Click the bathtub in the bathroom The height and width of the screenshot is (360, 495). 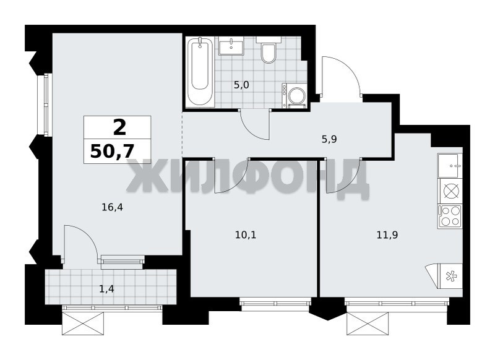(x=200, y=71)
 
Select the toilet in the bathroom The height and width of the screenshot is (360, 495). (x=269, y=50)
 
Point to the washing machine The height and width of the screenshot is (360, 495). (x=295, y=95)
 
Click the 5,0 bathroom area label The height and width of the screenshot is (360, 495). (x=241, y=85)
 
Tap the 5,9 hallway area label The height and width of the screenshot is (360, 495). (x=329, y=139)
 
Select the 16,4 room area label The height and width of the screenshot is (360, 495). (x=112, y=207)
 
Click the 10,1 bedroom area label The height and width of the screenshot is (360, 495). (x=246, y=234)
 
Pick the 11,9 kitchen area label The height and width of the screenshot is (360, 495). (x=387, y=234)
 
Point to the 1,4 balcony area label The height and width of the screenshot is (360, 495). (x=106, y=289)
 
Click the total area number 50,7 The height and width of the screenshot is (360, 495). (x=112, y=152)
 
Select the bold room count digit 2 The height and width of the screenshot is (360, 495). (x=119, y=127)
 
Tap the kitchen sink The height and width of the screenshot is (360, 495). (x=450, y=165)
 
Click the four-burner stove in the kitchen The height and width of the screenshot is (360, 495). (x=450, y=216)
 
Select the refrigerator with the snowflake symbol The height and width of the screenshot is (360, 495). (x=451, y=276)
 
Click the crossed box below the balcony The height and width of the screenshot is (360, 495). (x=83, y=323)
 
